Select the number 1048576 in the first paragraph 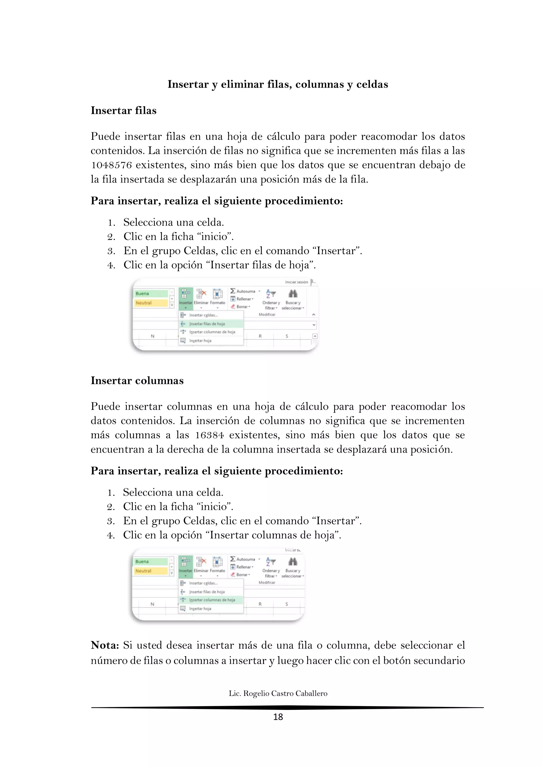click(111, 165)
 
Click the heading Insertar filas click(123, 110)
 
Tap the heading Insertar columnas click(137, 381)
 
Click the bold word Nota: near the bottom click(105, 645)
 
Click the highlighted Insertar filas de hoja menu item click(207, 324)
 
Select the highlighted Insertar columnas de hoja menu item click(212, 600)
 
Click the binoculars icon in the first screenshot click(293, 294)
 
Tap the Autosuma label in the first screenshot click(246, 291)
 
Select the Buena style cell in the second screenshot click(150, 561)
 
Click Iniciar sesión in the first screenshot click(296, 282)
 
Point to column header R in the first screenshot click(260, 336)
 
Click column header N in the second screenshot click(152, 604)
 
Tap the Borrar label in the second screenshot click(242, 574)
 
